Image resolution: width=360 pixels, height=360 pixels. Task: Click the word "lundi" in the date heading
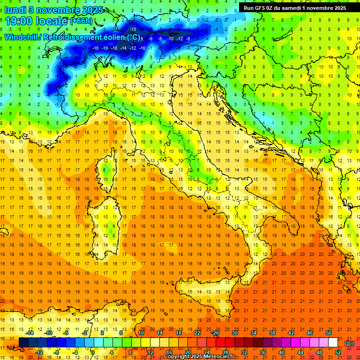click(x=15, y=9)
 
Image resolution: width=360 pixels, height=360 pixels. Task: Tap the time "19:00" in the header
click(x=20, y=21)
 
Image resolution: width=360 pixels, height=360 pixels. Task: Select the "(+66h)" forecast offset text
click(x=82, y=21)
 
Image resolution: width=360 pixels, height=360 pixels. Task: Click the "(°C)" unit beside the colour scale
click(x=349, y=343)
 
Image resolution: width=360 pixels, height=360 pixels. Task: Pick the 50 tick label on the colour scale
click(x=328, y=333)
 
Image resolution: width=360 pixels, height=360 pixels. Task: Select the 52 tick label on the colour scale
click(x=338, y=352)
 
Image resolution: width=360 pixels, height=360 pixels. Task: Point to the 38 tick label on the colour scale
click(x=272, y=333)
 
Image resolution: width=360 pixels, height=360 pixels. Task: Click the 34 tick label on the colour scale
click(x=254, y=333)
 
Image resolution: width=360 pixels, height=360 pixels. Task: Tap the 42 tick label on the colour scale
click(x=291, y=333)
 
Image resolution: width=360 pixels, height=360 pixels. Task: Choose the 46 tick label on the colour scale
click(x=309, y=333)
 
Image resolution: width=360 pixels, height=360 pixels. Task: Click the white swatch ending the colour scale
click(x=333, y=343)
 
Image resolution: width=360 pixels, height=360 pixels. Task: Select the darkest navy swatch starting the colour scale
click(x=23, y=343)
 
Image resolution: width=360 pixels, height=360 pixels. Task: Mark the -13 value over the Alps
click(x=133, y=30)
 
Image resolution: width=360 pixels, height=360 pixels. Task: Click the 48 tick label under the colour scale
click(x=319, y=352)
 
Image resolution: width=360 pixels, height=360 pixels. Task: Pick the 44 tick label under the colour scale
click(x=300, y=352)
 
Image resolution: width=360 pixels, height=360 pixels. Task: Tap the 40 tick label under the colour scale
click(x=282, y=352)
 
